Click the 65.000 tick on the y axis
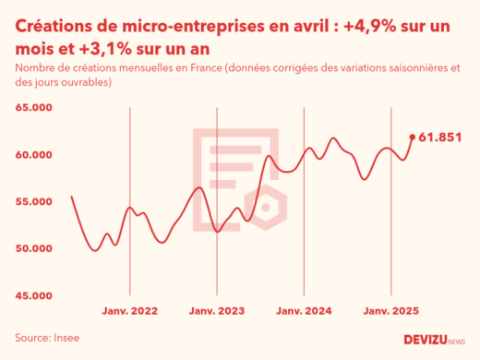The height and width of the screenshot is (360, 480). [x=33, y=108]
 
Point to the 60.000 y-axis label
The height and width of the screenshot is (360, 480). [x=33, y=155]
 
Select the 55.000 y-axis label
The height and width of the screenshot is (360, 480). [x=33, y=202]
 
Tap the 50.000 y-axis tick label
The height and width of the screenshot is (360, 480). [x=33, y=249]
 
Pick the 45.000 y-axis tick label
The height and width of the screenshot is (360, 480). [x=33, y=296]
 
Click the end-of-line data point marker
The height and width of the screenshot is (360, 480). [x=412, y=138]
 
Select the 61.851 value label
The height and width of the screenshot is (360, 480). [x=439, y=138]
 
